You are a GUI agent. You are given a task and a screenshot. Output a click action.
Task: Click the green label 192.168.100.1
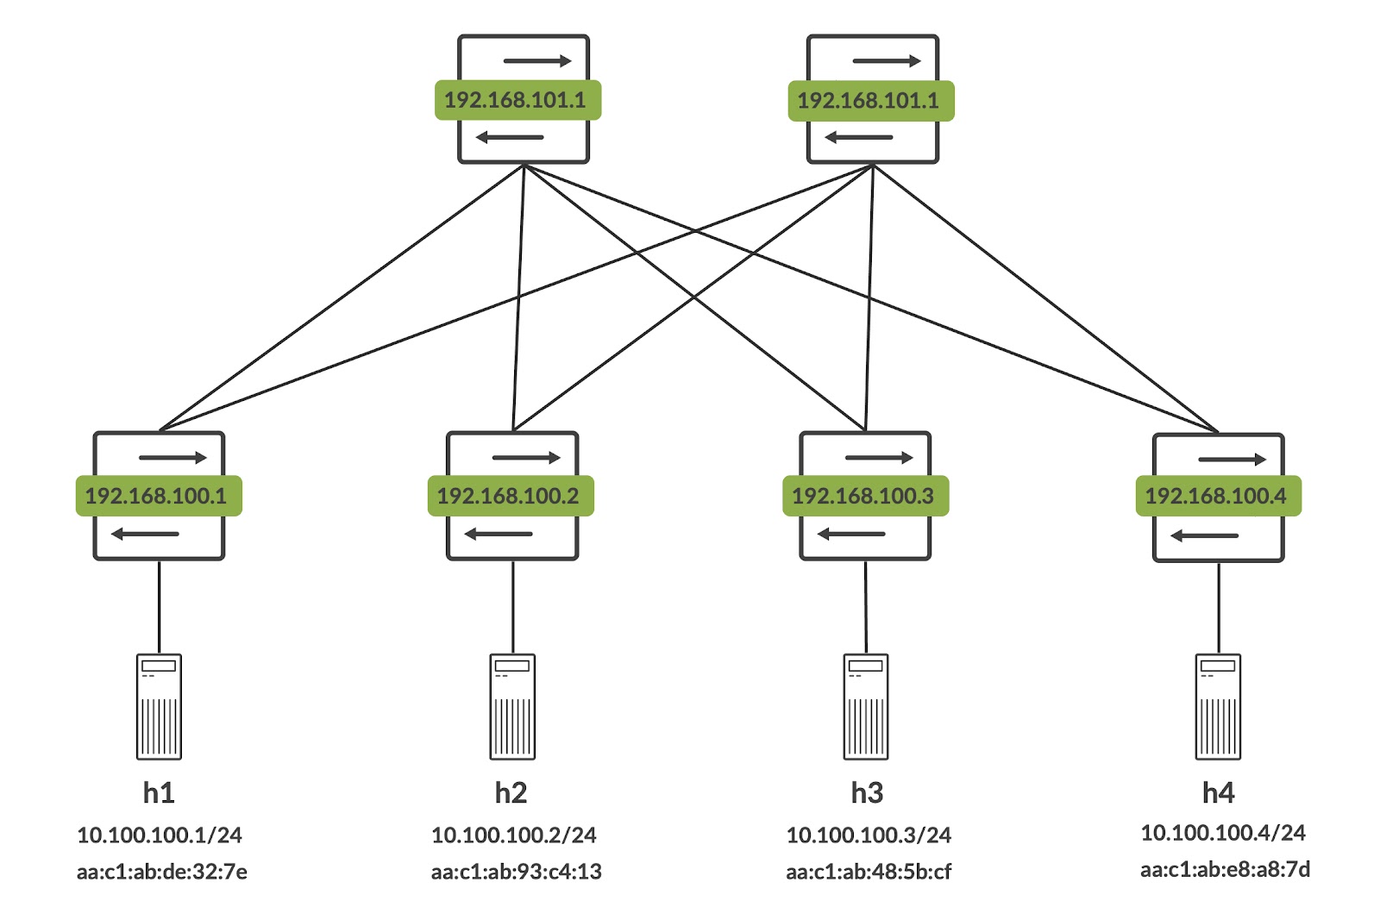coord(158,496)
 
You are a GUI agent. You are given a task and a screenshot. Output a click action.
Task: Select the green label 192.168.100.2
coord(511,496)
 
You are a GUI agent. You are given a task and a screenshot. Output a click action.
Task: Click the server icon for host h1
coord(159,706)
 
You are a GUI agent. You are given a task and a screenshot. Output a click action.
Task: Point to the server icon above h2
coord(512,706)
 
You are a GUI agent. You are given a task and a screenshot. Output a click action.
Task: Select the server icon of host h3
coord(866,706)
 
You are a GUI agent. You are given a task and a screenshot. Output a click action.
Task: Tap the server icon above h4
coord(1218,706)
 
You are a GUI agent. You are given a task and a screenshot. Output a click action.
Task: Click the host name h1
coord(159,792)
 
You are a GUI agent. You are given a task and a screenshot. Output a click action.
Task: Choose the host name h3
coord(867,792)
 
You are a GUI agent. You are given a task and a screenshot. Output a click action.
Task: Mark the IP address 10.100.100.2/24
coord(514,835)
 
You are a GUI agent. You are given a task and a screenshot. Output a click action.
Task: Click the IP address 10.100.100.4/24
coord(1223,832)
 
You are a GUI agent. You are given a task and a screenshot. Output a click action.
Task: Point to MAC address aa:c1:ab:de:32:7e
coord(162,872)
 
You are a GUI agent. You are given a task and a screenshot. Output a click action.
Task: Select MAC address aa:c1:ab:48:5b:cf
coord(869,872)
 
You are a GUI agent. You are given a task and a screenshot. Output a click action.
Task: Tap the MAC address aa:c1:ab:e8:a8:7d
coord(1225,869)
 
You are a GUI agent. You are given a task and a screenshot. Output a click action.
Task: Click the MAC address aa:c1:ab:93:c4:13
coord(517,872)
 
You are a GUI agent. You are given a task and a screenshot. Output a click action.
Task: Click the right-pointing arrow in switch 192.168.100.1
coord(172,457)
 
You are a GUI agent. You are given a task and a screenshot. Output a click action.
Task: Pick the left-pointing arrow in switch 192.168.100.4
coord(1204,536)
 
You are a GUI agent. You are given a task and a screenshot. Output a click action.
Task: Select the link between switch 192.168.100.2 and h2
coord(513,607)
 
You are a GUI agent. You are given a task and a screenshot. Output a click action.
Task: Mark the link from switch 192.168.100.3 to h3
coord(866,607)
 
